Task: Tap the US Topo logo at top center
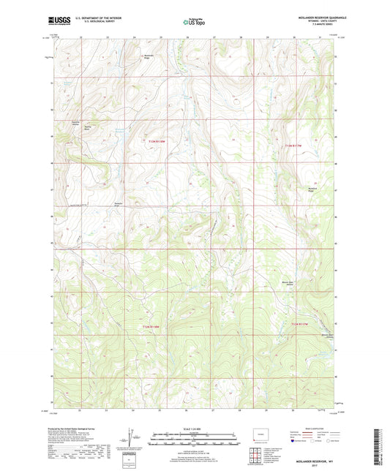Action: pyautogui.click(x=192, y=23)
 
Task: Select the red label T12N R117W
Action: pyautogui.click(x=301, y=323)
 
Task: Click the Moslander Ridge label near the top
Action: pyautogui.click(x=151, y=57)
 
